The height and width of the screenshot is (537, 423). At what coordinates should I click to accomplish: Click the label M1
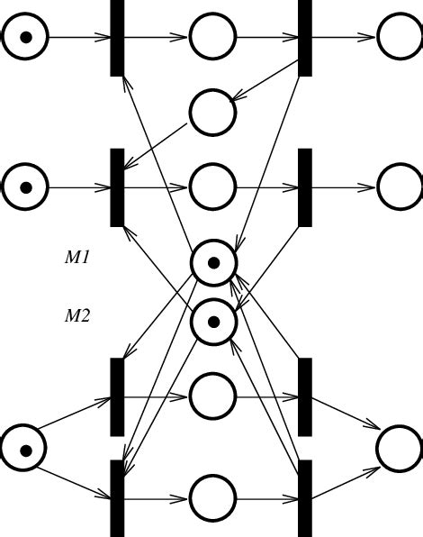77,258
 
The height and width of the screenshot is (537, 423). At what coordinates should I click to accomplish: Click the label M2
77,316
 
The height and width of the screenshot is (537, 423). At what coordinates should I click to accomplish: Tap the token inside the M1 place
213,263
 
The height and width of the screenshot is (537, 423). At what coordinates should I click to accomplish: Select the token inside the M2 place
213,322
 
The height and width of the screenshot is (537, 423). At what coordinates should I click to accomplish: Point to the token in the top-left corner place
25,37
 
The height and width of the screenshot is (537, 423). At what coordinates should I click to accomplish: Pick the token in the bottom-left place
25,450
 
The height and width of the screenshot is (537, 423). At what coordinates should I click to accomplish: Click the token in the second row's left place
25,187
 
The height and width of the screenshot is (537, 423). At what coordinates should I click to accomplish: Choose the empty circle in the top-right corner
400,37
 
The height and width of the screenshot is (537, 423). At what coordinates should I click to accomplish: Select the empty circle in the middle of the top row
212,37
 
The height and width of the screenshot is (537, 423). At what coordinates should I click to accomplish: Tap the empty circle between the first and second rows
212,113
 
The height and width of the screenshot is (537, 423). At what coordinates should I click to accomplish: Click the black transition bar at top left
117,37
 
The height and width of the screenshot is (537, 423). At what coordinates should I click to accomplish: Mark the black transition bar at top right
305,37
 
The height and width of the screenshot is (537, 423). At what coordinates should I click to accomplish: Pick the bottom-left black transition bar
117,498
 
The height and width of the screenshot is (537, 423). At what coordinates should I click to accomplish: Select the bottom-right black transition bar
305,498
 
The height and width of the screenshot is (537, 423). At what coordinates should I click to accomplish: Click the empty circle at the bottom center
212,498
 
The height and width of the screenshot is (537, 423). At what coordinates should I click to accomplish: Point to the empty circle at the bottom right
399,449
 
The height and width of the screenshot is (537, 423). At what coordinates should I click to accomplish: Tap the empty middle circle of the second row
212,187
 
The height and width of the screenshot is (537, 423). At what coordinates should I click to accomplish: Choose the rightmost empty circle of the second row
400,187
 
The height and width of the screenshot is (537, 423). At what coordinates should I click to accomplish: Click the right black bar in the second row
305,187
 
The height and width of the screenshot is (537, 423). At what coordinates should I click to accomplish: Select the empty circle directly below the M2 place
212,396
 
